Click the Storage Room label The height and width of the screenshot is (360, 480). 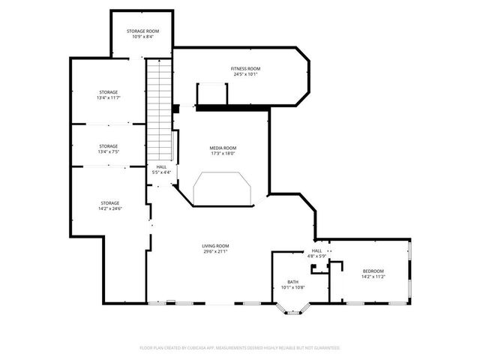pos(142,30)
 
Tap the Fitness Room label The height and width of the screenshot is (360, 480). pos(245,68)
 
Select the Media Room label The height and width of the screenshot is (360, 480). pos(223,148)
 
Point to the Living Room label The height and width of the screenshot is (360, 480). pos(215,246)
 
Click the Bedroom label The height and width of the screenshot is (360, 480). pos(373,271)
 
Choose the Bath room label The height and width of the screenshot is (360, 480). pos(292,282)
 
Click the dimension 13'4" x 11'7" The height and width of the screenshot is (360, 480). pos(109,98)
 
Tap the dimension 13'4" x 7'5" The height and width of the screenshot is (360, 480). pos(109,152)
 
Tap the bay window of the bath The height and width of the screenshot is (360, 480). pos(292,307)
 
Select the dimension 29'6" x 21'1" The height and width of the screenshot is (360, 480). pos(215,252)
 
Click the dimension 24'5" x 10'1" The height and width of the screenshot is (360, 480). pos(245,74)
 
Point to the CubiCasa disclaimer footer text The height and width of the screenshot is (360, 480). pos(240,348)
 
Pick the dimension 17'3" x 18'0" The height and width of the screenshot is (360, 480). pos(223,154)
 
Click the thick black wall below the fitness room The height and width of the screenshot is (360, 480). pos(232,109)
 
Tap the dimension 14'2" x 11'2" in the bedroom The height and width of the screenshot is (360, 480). pos(373,277)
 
